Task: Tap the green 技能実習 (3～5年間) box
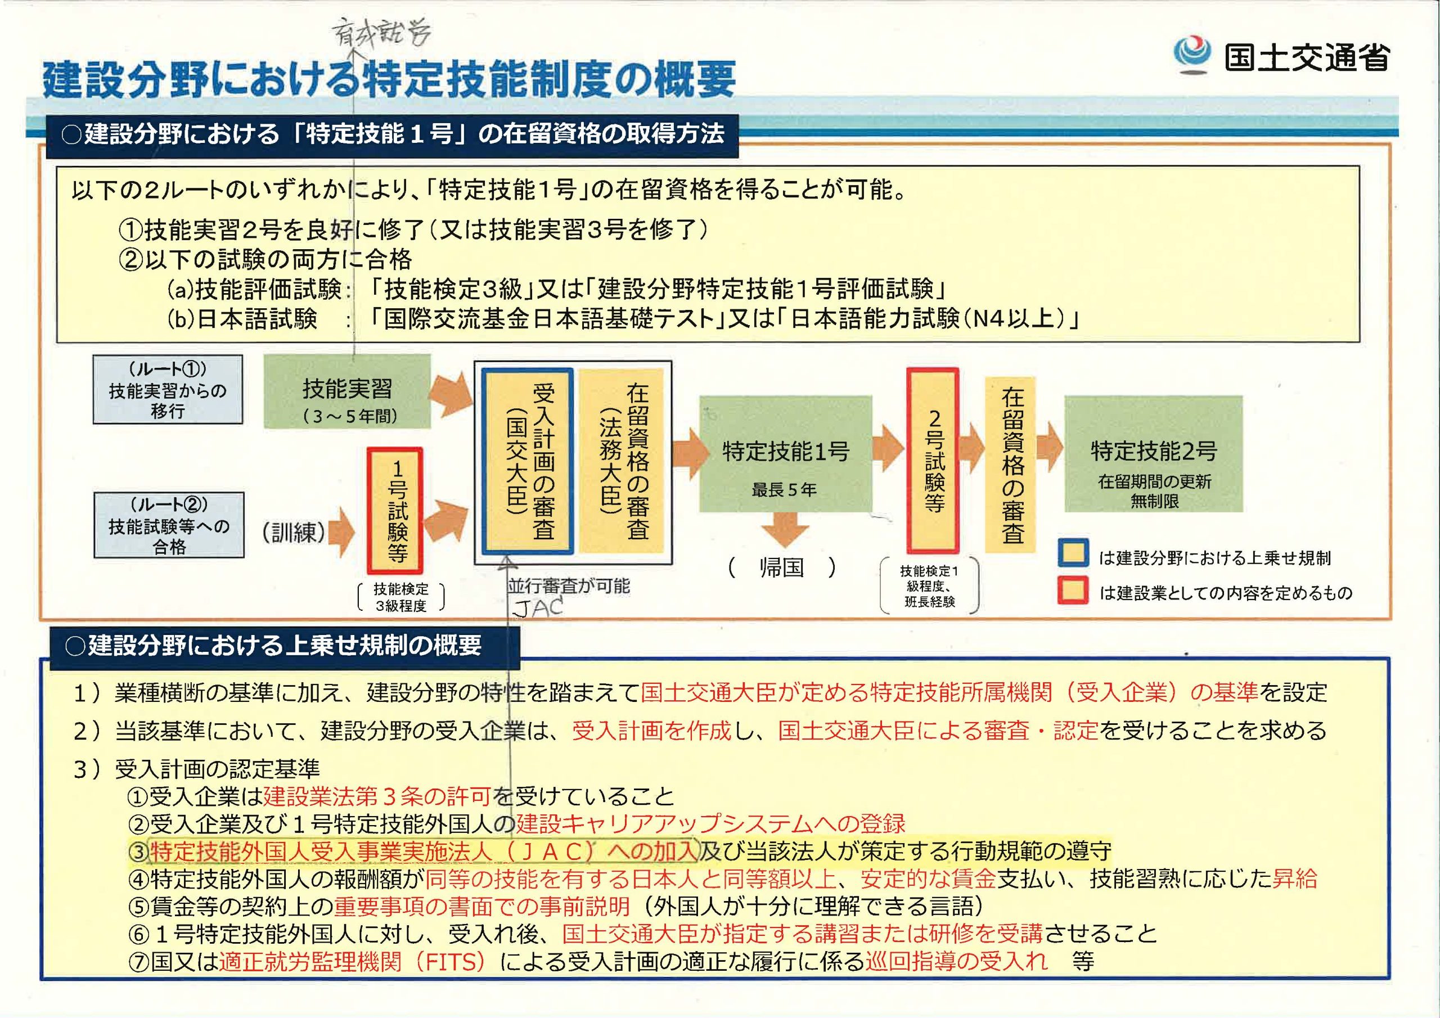click(347, 391)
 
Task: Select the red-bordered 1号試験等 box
click(395, 511)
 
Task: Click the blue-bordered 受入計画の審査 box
click(528, 462)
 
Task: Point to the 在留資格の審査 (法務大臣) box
click(621, 462)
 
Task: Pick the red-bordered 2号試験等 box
click(933, 461)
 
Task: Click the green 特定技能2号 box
click(1153, 453)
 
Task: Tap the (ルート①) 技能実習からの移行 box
click(168, 390)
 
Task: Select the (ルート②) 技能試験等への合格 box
click(169, 525)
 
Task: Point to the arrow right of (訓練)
click(342, 532)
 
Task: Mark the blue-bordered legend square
click(1073, 555)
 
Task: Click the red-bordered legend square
click(1073, 590)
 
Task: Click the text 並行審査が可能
click(568, 586)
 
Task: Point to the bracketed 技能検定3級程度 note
click(400, 597)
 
